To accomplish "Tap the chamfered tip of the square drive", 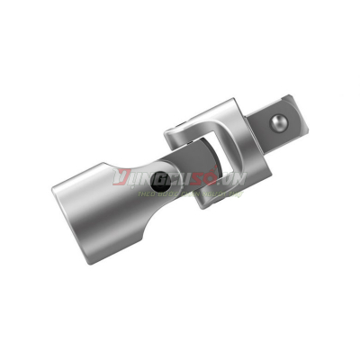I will tap(301, 112).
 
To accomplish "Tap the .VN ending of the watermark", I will tap(236, 180).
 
